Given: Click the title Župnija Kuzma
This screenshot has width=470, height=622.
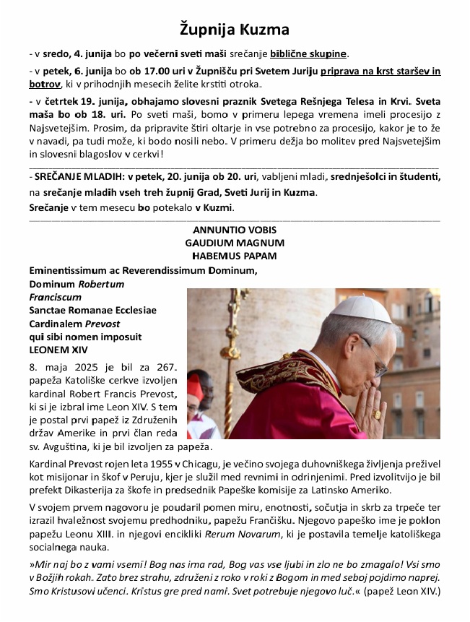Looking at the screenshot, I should coord(235,30).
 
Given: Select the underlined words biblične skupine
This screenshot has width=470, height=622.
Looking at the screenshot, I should coord(309,53).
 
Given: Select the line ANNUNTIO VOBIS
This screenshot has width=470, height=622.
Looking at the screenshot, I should coord(235,230).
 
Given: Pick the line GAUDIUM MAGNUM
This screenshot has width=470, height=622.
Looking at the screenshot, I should coord(235,243).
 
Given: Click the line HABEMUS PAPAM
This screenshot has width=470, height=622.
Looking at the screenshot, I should coord(235,256).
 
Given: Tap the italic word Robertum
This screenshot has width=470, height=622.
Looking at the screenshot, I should coord(101,284).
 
